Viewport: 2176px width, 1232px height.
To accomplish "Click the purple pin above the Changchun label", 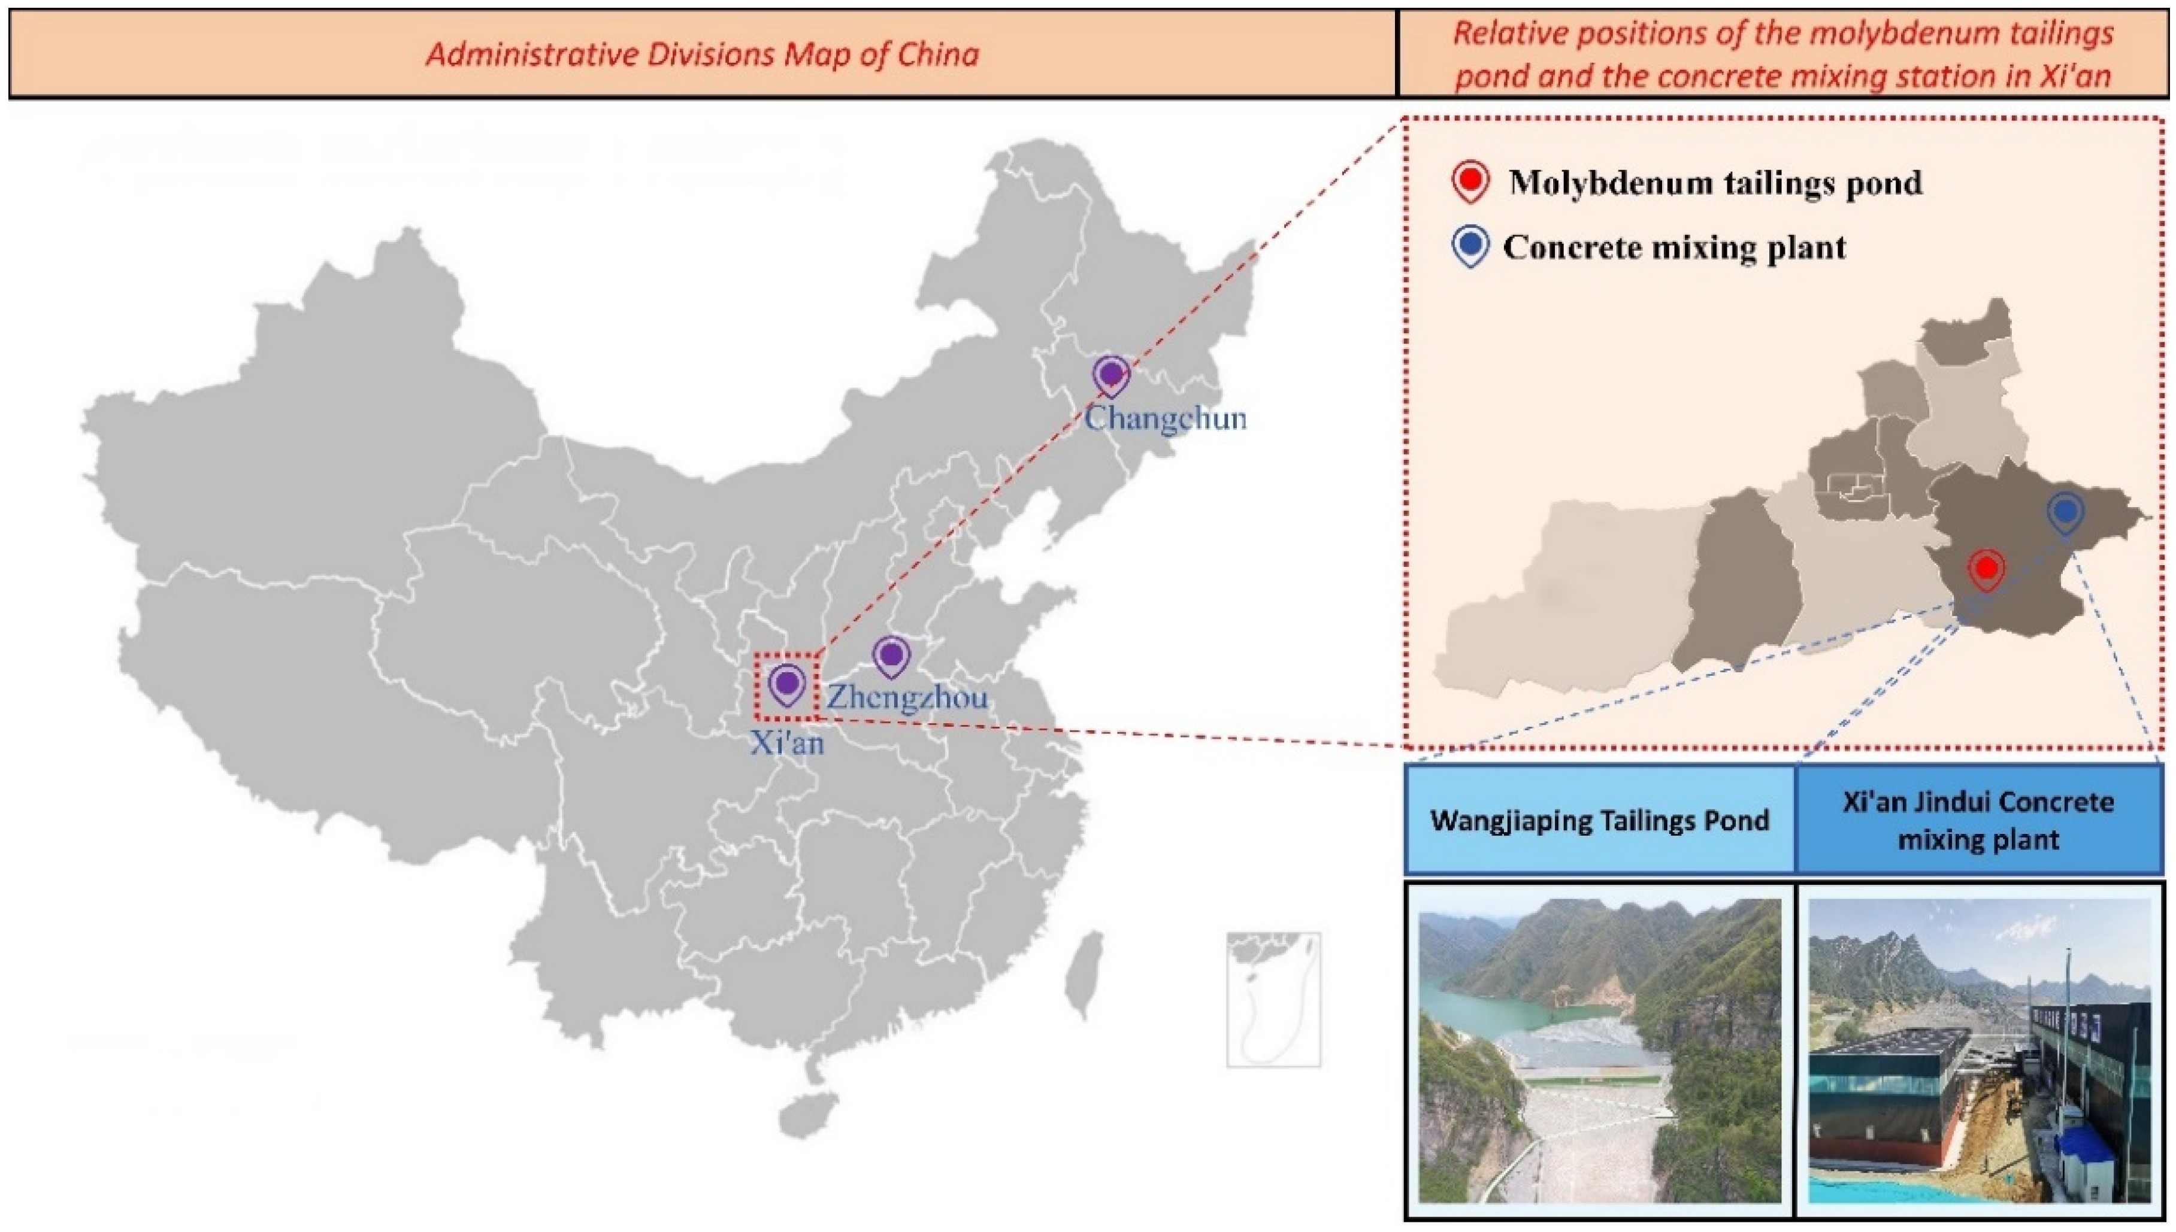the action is click(x=1110, y=374).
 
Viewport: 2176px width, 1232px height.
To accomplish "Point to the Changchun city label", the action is click(x=1166, y=418).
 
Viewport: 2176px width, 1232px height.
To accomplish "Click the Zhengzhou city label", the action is click(x=906, y=697).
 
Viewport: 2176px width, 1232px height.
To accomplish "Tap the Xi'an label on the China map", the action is click(x=786, y=743).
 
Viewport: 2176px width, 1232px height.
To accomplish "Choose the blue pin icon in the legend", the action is click(x=1471, y=246).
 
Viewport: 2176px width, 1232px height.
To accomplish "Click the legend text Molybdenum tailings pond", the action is click(x=1715, y=183).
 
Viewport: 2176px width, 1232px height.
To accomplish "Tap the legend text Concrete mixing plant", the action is click(x=1674, y=247).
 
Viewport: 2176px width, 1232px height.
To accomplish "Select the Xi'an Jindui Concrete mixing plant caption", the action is click(x=1978, y=820).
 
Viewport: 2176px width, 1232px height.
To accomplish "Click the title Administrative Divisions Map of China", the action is click(x=701, y=54).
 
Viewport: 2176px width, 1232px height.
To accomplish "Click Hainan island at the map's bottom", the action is click(x=808, y=1115).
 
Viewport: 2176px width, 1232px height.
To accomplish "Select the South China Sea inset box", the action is click(x=1273, y=999).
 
